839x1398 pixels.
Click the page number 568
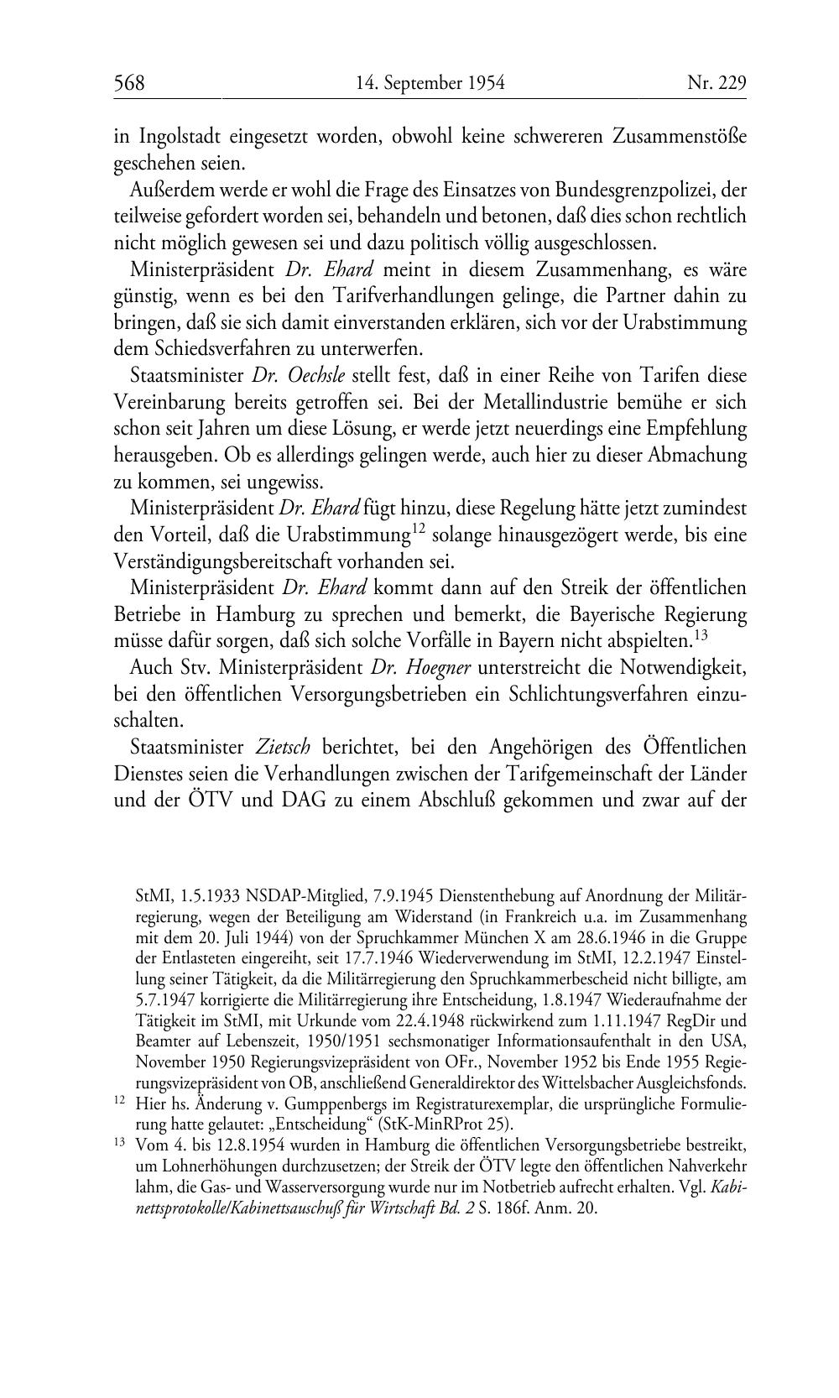click(x=129, y=83)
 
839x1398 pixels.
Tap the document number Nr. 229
click(x=717, y=83)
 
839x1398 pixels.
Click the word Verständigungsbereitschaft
click(x=244, y=561)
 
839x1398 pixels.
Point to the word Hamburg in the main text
click(x=254, y=614)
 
